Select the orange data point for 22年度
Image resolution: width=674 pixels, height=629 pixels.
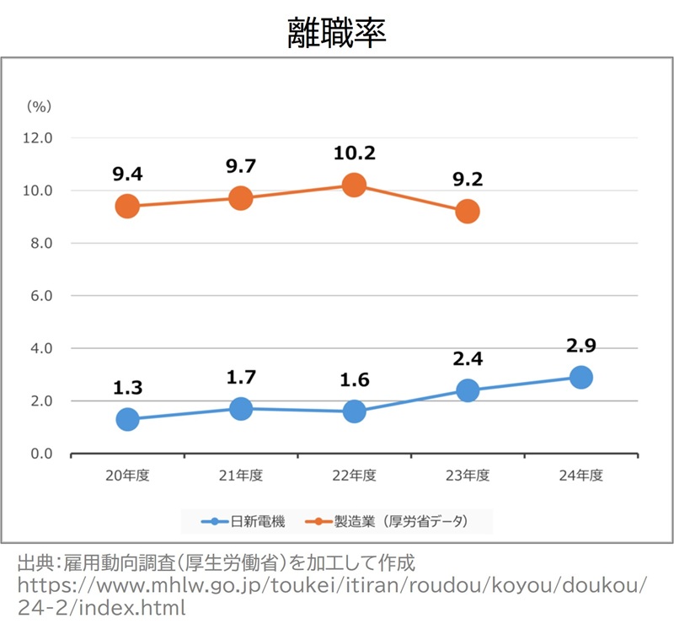(x=354, y=185)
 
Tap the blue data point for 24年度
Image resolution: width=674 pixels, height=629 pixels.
(x=580, y=377)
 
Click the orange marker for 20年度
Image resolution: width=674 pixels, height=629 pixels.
(x=127, y=207)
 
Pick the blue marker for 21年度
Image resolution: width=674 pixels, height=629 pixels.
(x=241, y=409)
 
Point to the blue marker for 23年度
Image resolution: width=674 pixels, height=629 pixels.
(x=468, y=390)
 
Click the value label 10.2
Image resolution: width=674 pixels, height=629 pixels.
(x=354, y=153)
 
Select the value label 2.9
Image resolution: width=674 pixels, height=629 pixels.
(x=580, y=345)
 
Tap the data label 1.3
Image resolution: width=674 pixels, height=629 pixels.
(x=127, y=388)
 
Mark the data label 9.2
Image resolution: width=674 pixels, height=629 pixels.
(x=468, y=180)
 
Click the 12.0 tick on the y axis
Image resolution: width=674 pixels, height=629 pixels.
(x=39, y=137)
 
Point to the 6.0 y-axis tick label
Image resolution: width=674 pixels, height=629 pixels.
(x=39, y=296)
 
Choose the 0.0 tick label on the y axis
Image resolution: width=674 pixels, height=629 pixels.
(x=39, y=454)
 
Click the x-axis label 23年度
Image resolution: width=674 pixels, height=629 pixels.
(x=468, y=476)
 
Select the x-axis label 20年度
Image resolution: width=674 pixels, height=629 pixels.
(x=127, y=476)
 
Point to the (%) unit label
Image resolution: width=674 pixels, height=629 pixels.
(x=39, y=106)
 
